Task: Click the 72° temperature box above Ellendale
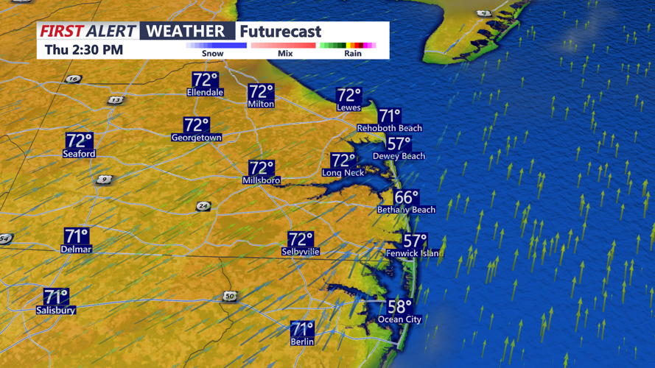point(205,79)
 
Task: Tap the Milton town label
point(261,105)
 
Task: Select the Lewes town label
point(348,107)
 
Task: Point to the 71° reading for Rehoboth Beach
point(389,116)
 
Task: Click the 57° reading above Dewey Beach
point(399,144)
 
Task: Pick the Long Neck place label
point(343,173)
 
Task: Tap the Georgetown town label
point(196,138)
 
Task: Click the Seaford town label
point(79,154)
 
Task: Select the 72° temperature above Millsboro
point(261,169)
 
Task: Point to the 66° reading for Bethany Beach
point(406,197)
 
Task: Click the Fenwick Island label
point(413,253)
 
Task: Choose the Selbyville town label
point(301,252)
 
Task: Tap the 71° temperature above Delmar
point(77,236)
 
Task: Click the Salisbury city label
point(56,311)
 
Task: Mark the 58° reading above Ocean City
point(400,307)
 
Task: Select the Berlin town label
point(302,342)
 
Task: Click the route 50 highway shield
point(231,296)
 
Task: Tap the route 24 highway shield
point(203,206)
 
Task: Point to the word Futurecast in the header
point(281,32)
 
